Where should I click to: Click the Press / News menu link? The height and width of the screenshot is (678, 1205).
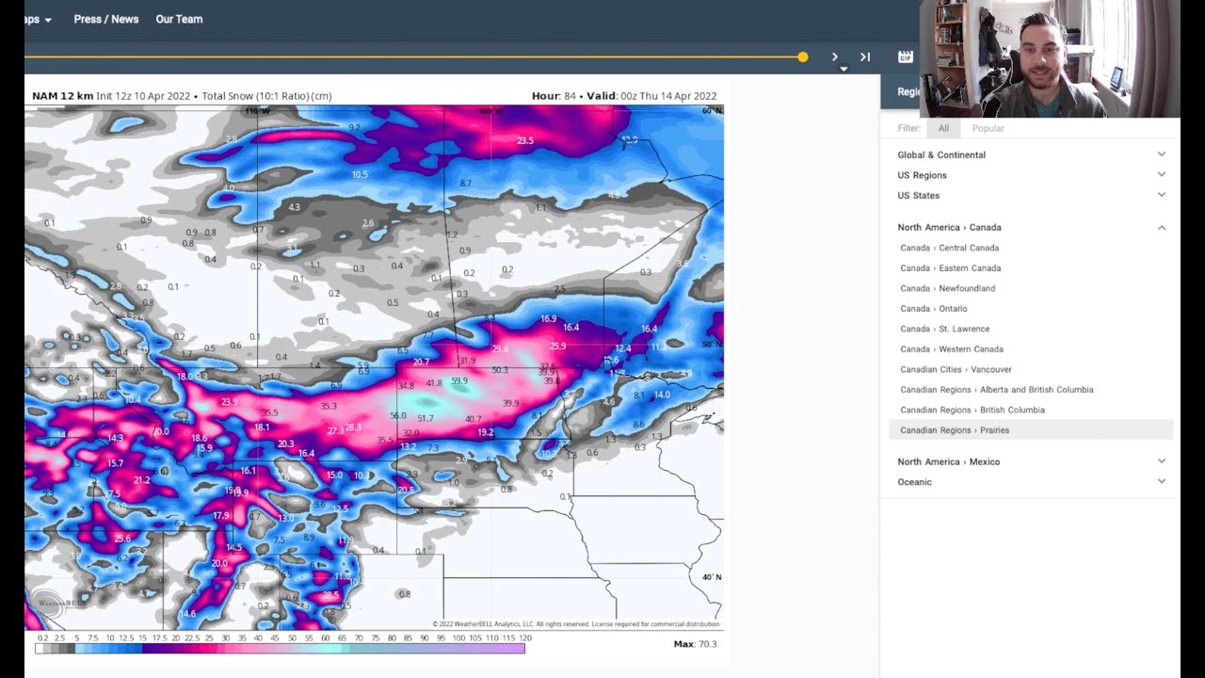105,19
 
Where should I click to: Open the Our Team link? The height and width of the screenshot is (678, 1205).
179,19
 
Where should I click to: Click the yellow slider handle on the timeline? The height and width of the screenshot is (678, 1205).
803,57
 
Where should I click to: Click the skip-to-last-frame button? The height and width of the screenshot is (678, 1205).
865,57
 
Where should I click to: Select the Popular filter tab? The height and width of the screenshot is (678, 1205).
988,128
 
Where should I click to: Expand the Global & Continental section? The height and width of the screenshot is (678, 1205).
941,154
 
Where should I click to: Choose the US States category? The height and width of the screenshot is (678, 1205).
918,195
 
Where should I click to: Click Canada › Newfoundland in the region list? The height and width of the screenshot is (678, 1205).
947,288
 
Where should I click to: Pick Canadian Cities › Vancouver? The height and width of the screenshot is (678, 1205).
956,369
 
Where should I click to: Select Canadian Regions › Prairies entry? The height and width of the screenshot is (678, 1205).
955,430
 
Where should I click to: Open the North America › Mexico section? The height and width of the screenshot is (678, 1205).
948,461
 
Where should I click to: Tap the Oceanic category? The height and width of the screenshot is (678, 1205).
914,482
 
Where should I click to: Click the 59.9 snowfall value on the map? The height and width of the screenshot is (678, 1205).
459,381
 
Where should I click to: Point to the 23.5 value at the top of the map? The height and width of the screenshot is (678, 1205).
525,141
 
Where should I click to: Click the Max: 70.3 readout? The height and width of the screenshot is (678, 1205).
695,644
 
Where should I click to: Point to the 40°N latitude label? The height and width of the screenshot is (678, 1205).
711,577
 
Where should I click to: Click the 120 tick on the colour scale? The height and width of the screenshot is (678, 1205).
512,638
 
